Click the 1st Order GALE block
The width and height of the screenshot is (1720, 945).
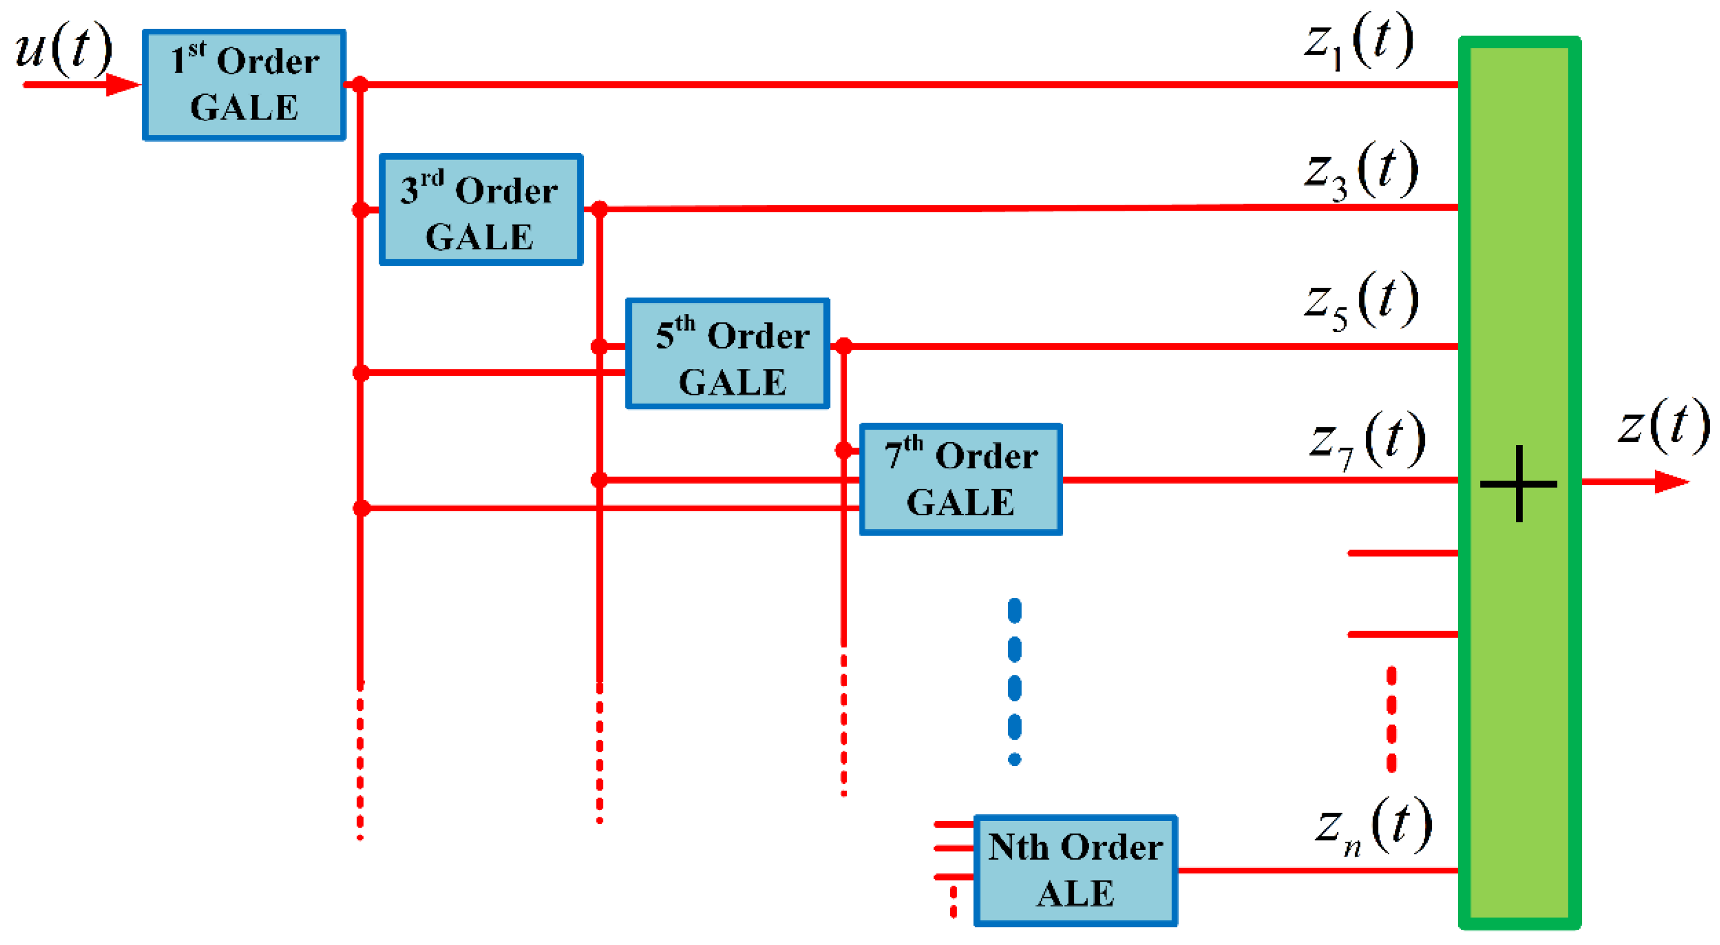[x=244, y=85]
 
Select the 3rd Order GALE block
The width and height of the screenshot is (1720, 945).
[x=481, y=210]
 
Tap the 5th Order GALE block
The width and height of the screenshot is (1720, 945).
[x=727, y=353]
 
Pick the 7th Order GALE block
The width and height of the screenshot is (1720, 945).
[x=960, y=479]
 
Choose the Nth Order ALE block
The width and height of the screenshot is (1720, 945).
[x=1075, y=870]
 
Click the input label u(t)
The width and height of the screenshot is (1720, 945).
[x=63, y=48]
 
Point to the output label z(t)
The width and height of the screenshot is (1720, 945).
[x=1663, y=425]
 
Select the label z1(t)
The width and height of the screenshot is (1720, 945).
[x=1359, y=41]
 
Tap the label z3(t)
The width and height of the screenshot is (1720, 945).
[x=1361, y=171]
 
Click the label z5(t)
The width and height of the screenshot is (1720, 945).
[x=1361, y=301]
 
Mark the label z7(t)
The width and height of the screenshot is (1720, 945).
[x=1366, y=441]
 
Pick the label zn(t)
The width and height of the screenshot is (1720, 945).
[x=1373, y=827]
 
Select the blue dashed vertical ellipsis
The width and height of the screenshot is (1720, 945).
[x=1014, y=681]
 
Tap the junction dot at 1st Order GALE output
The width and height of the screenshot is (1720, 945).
[x=360, y=85]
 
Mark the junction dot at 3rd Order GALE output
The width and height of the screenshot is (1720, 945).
[x=600, y=209]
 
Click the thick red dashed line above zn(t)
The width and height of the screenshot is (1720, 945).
[x=1391, y=720]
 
